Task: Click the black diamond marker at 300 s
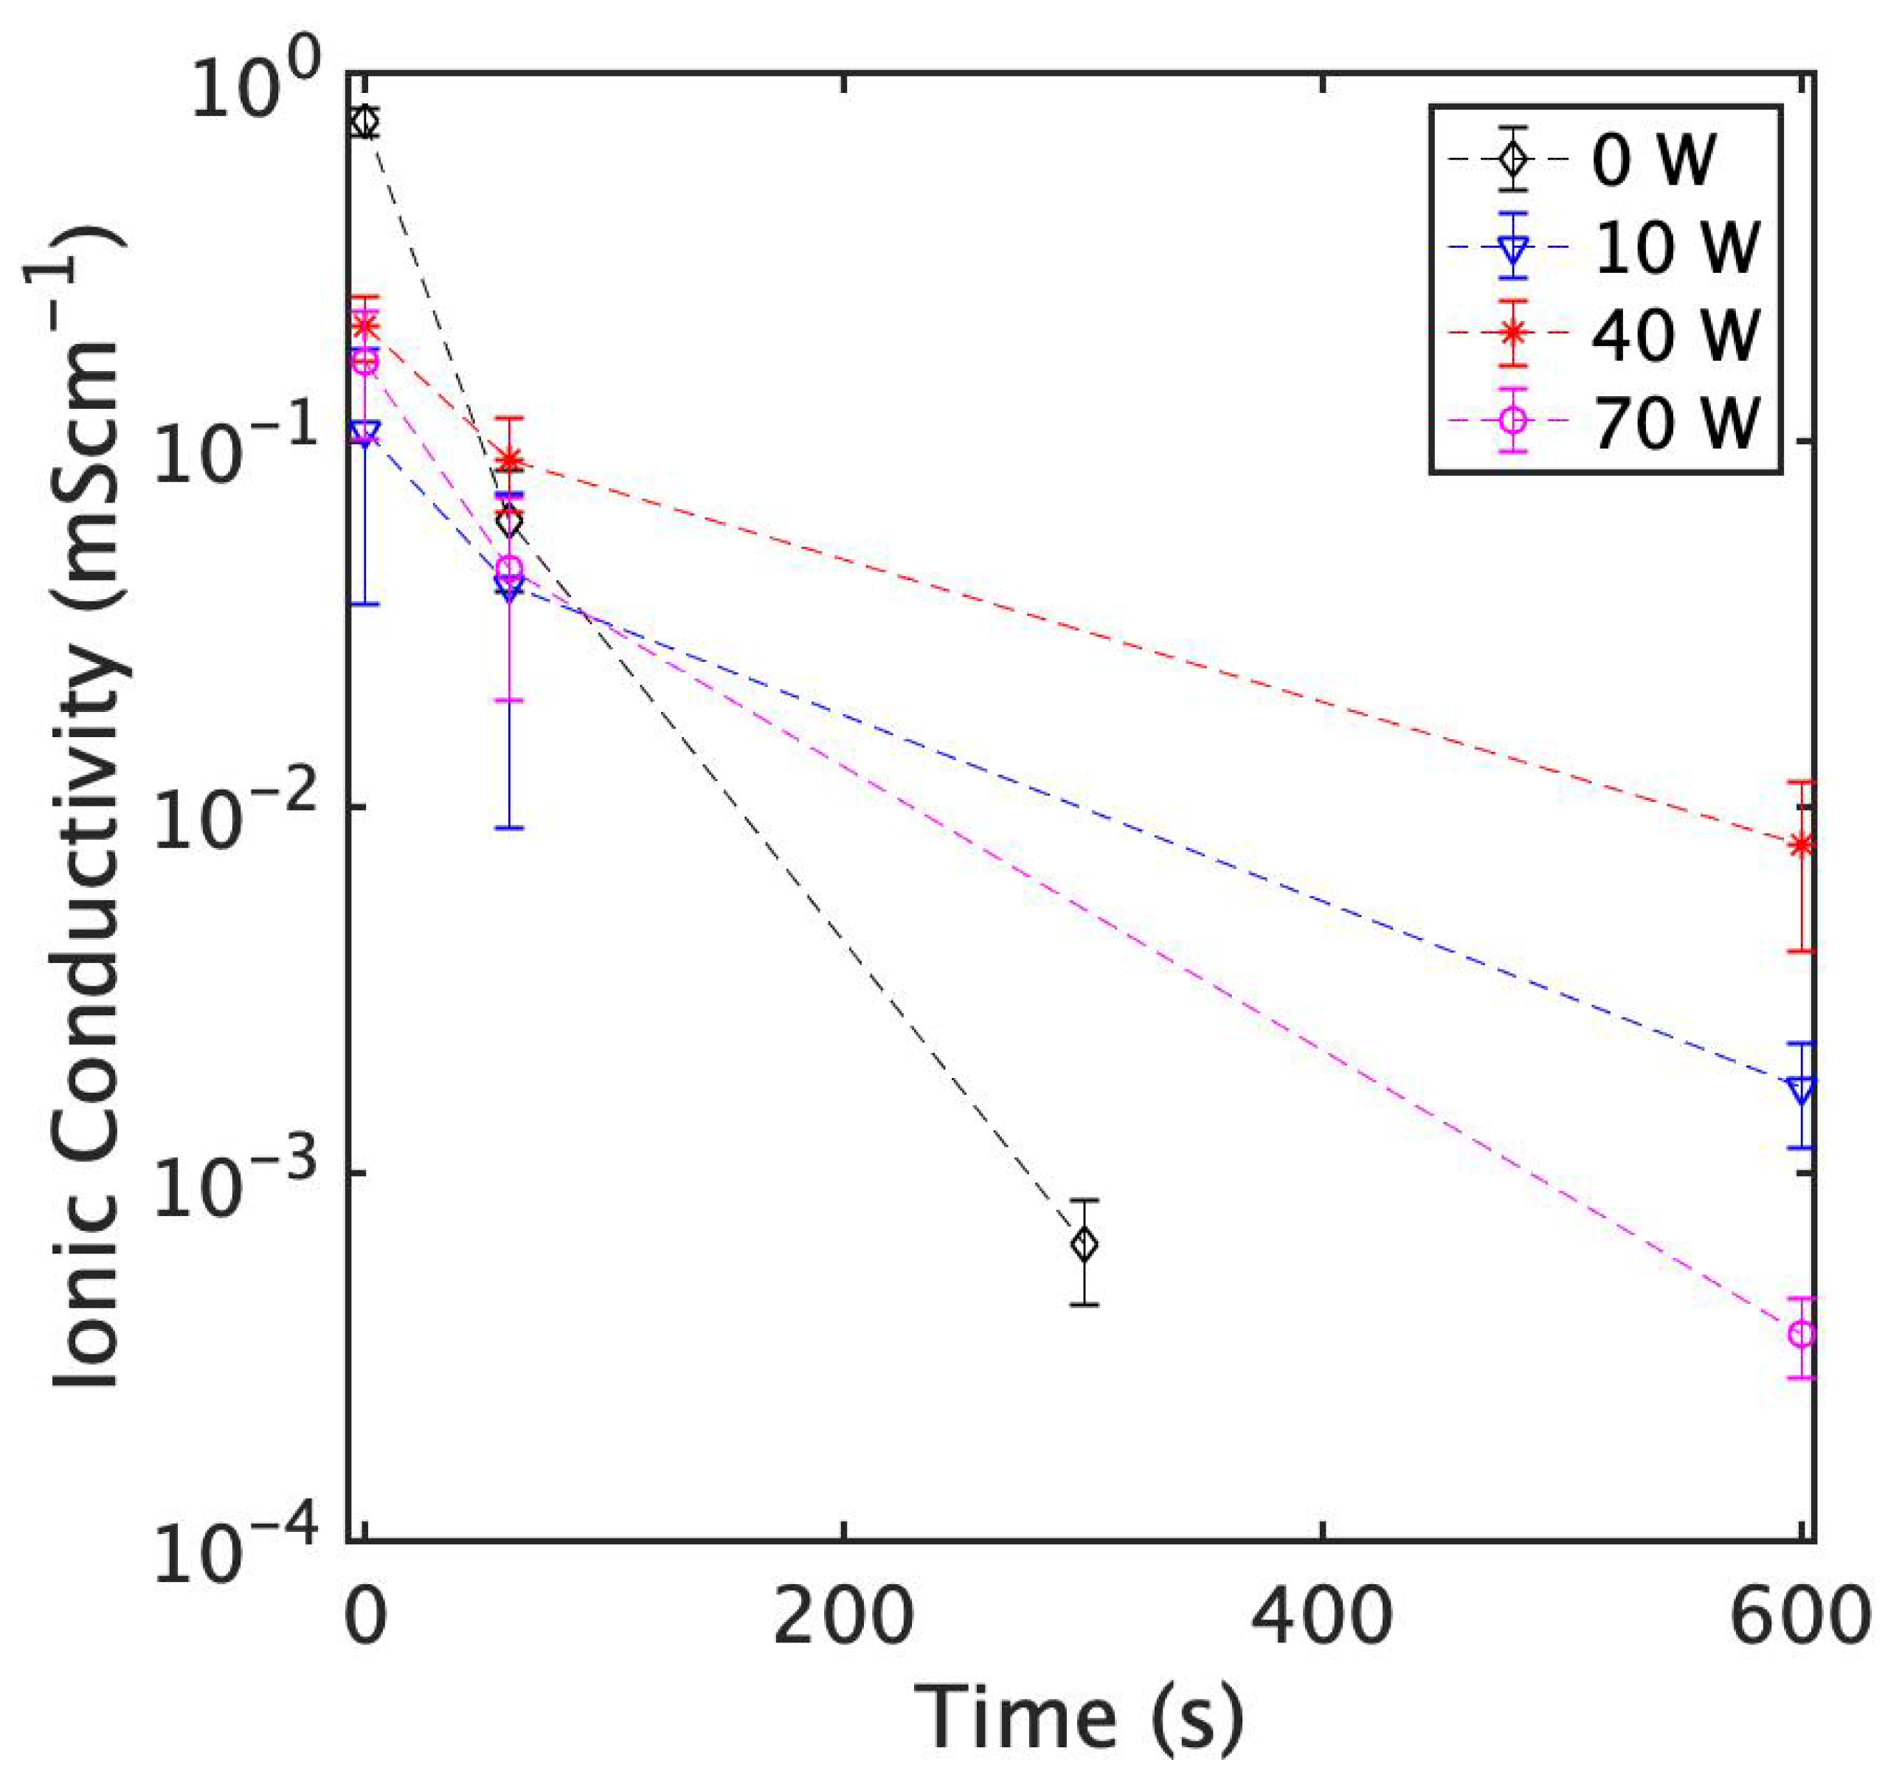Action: (x=1084, y=1245)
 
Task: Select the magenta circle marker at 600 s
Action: (x=1801, y=1334)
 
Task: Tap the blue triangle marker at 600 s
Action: (x=1802, y=1088)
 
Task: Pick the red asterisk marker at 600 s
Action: (x=1802, y=844)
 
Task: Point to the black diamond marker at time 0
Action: (x=364, y=122)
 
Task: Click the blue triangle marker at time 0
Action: (x=364, y=433)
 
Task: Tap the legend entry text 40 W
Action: (x=1676, y=334)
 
